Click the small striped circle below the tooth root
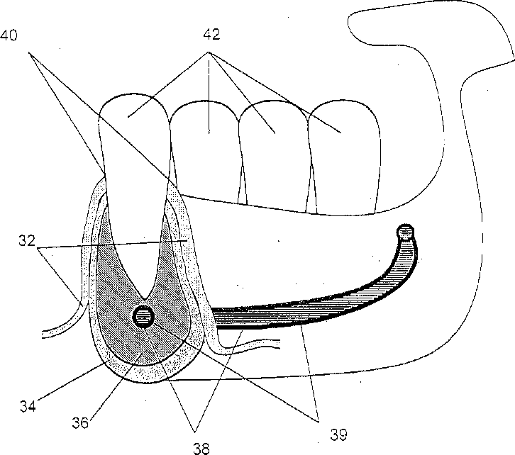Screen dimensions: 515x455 click(143, 317)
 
